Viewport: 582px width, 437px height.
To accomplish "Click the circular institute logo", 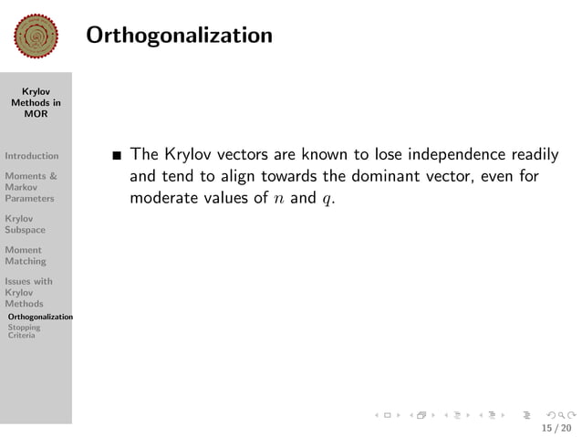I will (x=36, y=36).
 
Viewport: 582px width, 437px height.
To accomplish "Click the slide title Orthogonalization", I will (x=179, y=36).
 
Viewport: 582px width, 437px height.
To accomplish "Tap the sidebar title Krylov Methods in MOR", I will (x=36, y=103).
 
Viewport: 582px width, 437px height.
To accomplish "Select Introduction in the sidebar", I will (x=31, y=156).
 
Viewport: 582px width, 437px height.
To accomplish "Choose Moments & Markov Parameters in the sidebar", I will (x=30, y=187).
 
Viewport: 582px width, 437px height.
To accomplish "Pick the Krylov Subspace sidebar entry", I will (x=25, y=224).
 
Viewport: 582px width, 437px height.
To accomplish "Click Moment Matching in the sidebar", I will (x=25, y=255).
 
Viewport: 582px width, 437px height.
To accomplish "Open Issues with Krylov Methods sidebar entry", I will (x=28, y=293).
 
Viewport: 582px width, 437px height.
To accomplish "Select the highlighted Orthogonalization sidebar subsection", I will (x=39, y=317).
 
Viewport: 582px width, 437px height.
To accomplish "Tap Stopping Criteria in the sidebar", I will (x=23, y=331).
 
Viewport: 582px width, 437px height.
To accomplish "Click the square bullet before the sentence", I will (x=116, y=154).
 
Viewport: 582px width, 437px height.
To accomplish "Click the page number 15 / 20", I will (x=556, y=427).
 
